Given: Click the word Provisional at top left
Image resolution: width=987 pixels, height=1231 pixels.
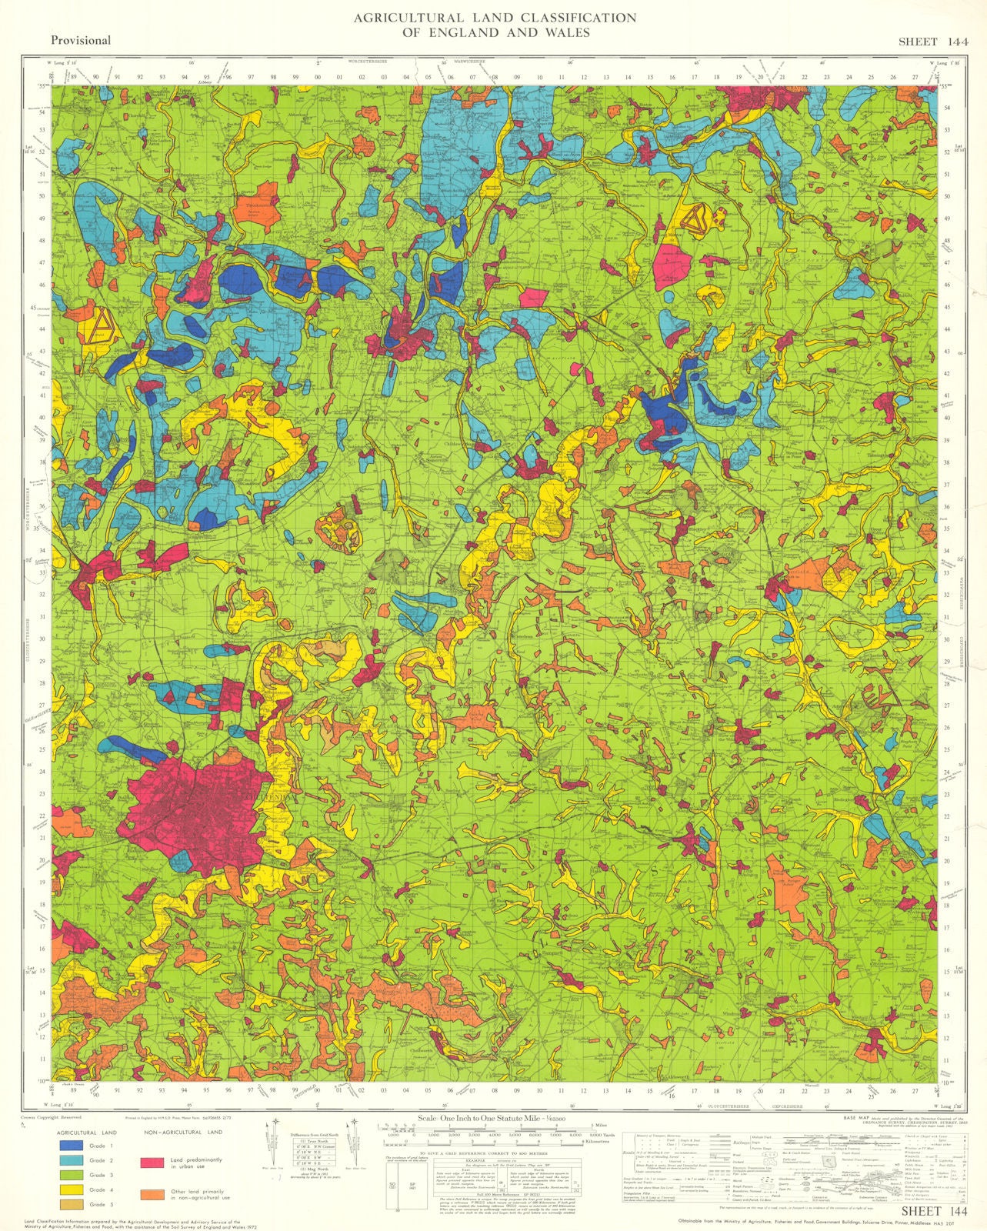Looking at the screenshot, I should tap(81, 40).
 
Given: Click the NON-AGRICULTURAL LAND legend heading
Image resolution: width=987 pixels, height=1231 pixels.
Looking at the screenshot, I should tap(182, 1132).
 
